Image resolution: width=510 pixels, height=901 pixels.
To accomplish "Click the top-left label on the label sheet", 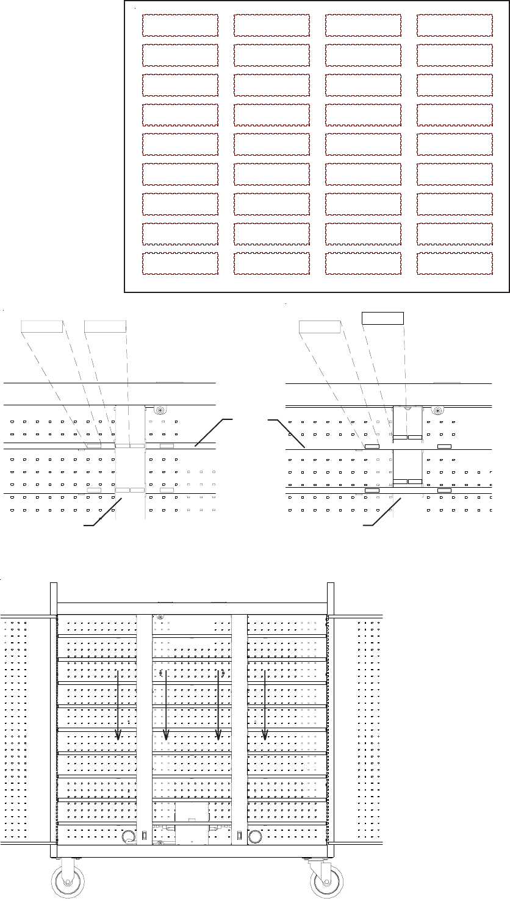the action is pyautogui.click(x=180, y=25).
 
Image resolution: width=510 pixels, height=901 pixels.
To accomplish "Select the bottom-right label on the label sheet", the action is pyautogui.click(x=454, y=264).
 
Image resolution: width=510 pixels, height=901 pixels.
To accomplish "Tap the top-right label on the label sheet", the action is pyautogui.click(x=454, y=25).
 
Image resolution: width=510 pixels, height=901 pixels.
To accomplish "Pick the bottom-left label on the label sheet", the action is pyautogui.click(x=180, y=264).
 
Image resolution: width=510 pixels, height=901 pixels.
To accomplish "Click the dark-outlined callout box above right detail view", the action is pyautogui.click(x=382, y=317).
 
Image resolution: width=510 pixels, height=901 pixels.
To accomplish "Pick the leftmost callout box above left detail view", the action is pyautogui.click(x=42, y=326).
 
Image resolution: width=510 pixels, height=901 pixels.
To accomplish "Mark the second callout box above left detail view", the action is pyautogui.click(x=105, y=326).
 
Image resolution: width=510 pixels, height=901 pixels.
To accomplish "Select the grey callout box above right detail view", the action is pyautogui.click(x=319, y=327).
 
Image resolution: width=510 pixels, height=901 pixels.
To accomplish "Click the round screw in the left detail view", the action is pyautogui.click(x=160, y=411).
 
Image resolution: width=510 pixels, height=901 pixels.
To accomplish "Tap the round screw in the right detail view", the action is pyautogui.click(x=437, y=411).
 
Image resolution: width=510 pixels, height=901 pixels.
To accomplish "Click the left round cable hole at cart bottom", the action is pyautogui.click(x=128, y=836).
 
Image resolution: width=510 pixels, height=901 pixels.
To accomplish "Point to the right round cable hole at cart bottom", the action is pyautogui.click(x=256, y=836).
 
